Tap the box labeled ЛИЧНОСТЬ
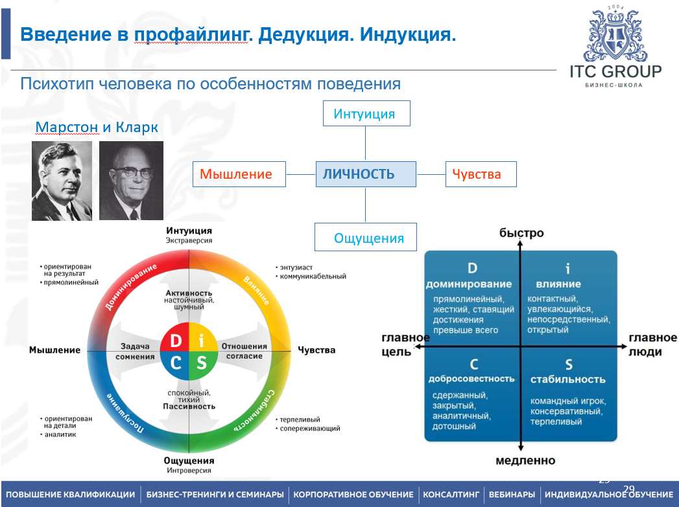[x=366, y=174]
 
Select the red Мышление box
[x=239, y=174]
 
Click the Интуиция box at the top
[x=366, y=113]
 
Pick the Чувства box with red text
[x=481, y=174]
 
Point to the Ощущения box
[x=366, y=238]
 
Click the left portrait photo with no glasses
[x=62, y=181]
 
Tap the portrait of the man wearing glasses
[x=131, y=181]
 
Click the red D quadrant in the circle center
[x=175, y=340]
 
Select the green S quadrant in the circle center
[x=202, y=363]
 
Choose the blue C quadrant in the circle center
[x=175, y=363]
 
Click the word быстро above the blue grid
[x=521, y=233]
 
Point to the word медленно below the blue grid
[x=525, y=460]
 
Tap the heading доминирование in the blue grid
[x=469, y=284]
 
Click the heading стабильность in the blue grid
[x=567, y=379]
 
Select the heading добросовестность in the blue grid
[x=471, y=379]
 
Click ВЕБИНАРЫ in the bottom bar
[x=512, y=494]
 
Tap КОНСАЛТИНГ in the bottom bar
[x=451, y=494]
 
